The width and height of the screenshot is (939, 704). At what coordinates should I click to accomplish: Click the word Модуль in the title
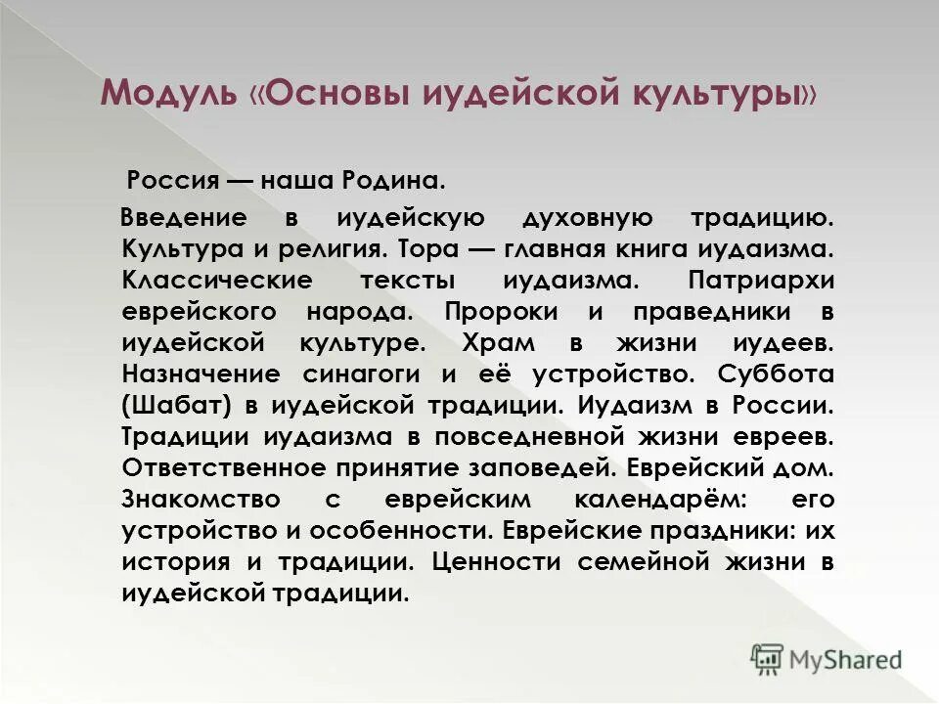[x=168, y=94]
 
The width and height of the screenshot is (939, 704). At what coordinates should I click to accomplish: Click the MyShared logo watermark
[x=827, y=658]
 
